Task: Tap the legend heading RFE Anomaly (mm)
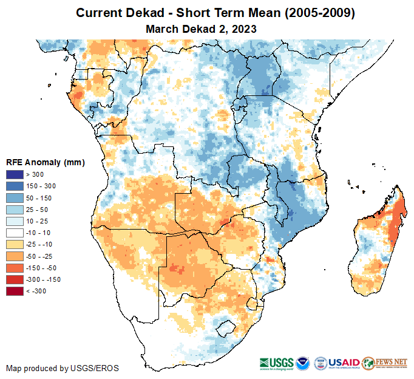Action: point(45,163)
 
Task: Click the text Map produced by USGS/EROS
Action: point(63,368)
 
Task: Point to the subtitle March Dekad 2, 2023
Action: point(201,29)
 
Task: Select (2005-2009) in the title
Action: point(320,13)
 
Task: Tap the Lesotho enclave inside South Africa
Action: point(225,328)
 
